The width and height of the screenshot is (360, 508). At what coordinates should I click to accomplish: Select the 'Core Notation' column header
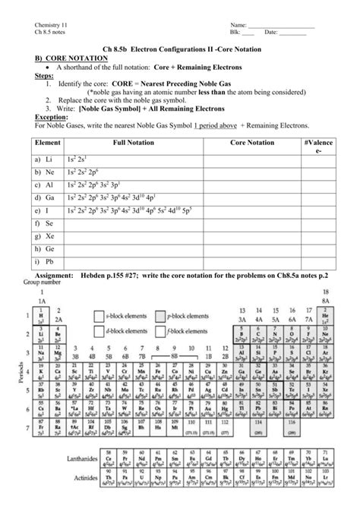point(252,142)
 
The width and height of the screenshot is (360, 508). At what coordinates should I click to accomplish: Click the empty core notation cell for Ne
point(252,173)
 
